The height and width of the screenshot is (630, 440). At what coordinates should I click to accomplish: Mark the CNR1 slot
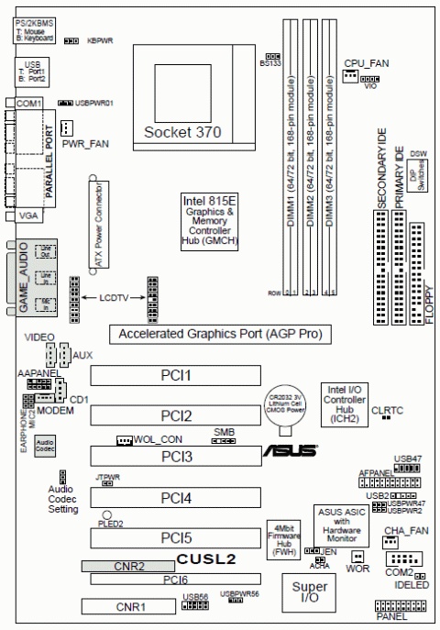128,606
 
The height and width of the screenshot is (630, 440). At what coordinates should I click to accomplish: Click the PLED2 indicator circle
107,514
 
